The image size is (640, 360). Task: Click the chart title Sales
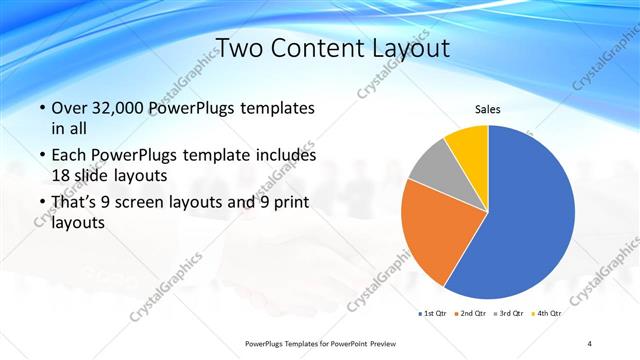[x=487, y=110]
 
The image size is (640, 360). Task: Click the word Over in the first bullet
[x=68, y=107]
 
